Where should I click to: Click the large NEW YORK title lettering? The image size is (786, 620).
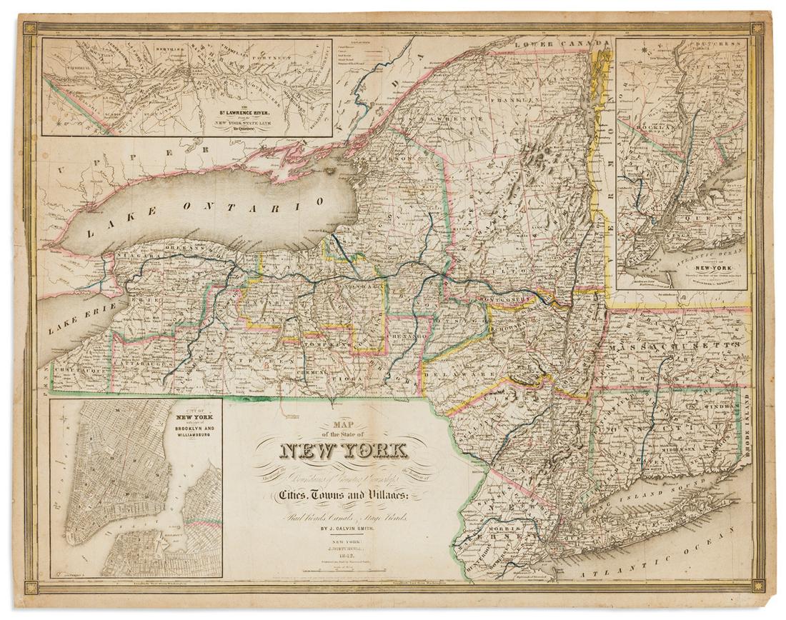346,451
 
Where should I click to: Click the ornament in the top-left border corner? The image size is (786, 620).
29,29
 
